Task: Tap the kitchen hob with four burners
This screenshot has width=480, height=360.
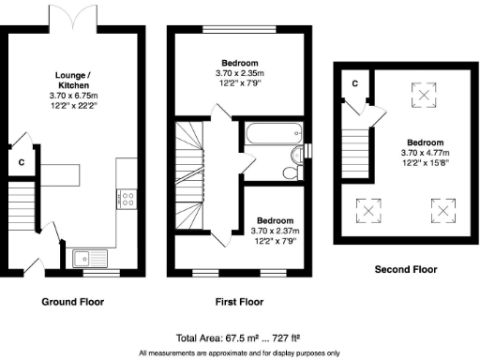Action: click(126, 199)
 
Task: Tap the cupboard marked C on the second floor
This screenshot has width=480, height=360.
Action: click(354, 85)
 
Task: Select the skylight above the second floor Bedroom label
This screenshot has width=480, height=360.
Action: click(425, 95)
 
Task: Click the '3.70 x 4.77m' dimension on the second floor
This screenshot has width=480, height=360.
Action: click(425, 153)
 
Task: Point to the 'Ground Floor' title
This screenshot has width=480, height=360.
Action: click(72, 303)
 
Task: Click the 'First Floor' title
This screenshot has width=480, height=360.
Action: click(234, 303)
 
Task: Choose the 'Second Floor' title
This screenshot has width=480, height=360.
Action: click(405, 269)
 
